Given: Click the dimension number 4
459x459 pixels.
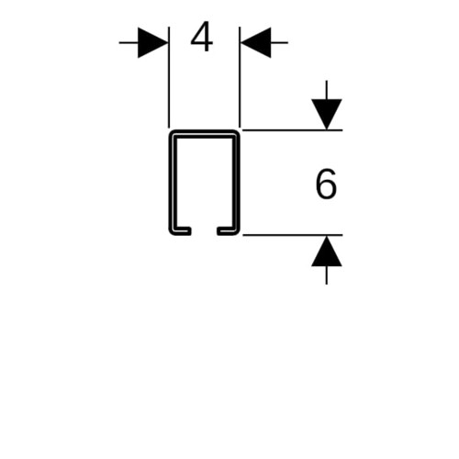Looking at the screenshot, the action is [202, 37].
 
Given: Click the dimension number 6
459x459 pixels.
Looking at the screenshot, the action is [326, 184].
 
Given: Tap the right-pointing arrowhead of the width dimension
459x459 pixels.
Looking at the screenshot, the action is [152, 42].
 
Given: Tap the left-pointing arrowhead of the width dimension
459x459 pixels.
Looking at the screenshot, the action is [255, 42].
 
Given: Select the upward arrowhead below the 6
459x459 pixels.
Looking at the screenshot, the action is [327, 251].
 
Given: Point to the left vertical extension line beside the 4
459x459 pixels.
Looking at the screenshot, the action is [169, 77].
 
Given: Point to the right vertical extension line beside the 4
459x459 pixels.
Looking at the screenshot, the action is [240, 77].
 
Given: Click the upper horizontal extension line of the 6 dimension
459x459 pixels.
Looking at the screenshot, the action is [293, 130].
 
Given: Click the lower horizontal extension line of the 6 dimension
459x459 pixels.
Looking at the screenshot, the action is [293, 235].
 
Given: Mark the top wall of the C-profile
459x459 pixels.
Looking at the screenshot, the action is [204, 134].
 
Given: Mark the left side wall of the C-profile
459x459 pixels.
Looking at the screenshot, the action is [173, 183].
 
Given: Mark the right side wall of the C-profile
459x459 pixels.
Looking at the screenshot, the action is [236, 183].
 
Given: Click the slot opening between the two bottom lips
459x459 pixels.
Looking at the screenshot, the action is [204, 231].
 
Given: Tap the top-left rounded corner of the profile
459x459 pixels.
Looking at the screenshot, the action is [172, 133].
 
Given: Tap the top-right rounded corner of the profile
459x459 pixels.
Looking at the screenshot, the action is [237, 133].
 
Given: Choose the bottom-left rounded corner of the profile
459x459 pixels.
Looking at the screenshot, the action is [172, 232].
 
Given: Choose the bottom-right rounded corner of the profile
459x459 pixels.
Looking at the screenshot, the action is [237, 232].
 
